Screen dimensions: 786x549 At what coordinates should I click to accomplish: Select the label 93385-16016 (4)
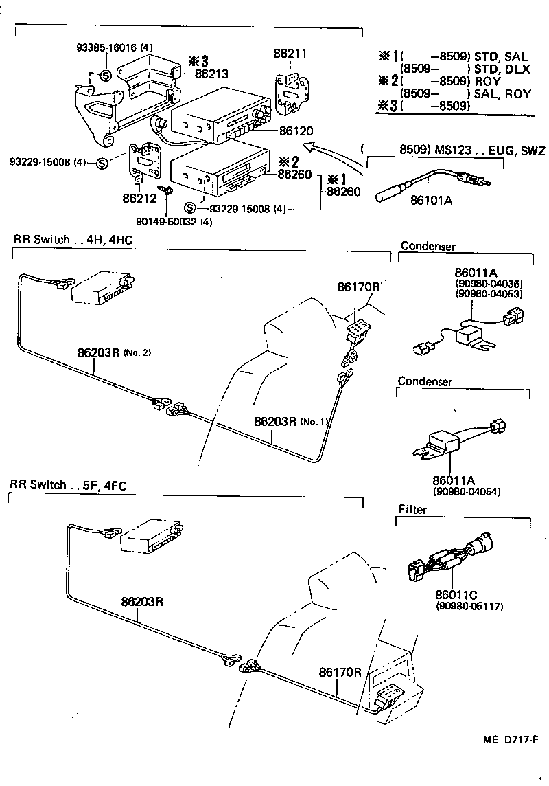[x=115, y=47]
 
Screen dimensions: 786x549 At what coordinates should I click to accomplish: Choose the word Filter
[x=412, y=510]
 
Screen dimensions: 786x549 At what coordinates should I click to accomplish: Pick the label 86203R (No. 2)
[x=114, y=352]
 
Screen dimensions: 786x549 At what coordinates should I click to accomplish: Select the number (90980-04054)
[x=466, y=492]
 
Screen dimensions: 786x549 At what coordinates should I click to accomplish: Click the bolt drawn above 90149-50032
[x=165, y=190]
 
